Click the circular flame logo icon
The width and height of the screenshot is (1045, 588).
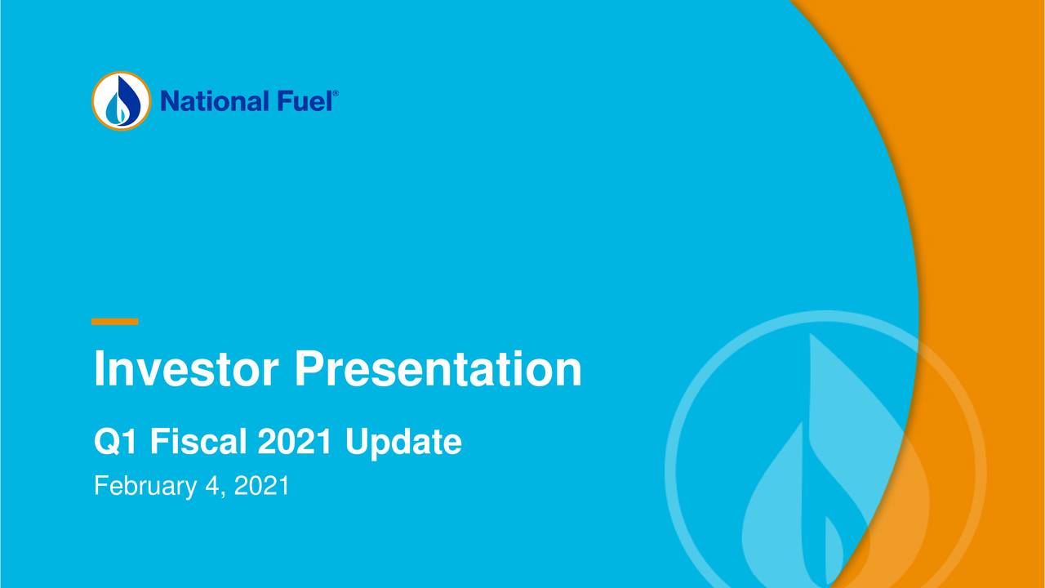[121, 100]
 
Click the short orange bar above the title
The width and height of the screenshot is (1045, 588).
[114, 322]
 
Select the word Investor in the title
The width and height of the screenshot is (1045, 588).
[187, 369]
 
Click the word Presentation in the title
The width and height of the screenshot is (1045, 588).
[438, 369]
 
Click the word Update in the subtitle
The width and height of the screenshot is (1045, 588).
[402, 443]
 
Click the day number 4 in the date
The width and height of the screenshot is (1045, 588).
[209, 487]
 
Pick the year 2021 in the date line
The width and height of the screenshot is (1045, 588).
[261, 487]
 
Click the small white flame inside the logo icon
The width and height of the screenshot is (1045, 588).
[121, 109]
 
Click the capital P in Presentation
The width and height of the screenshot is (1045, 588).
[309, 369]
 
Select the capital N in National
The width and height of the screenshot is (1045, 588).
[169, 101]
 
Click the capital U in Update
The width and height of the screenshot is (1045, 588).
[355, 443]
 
